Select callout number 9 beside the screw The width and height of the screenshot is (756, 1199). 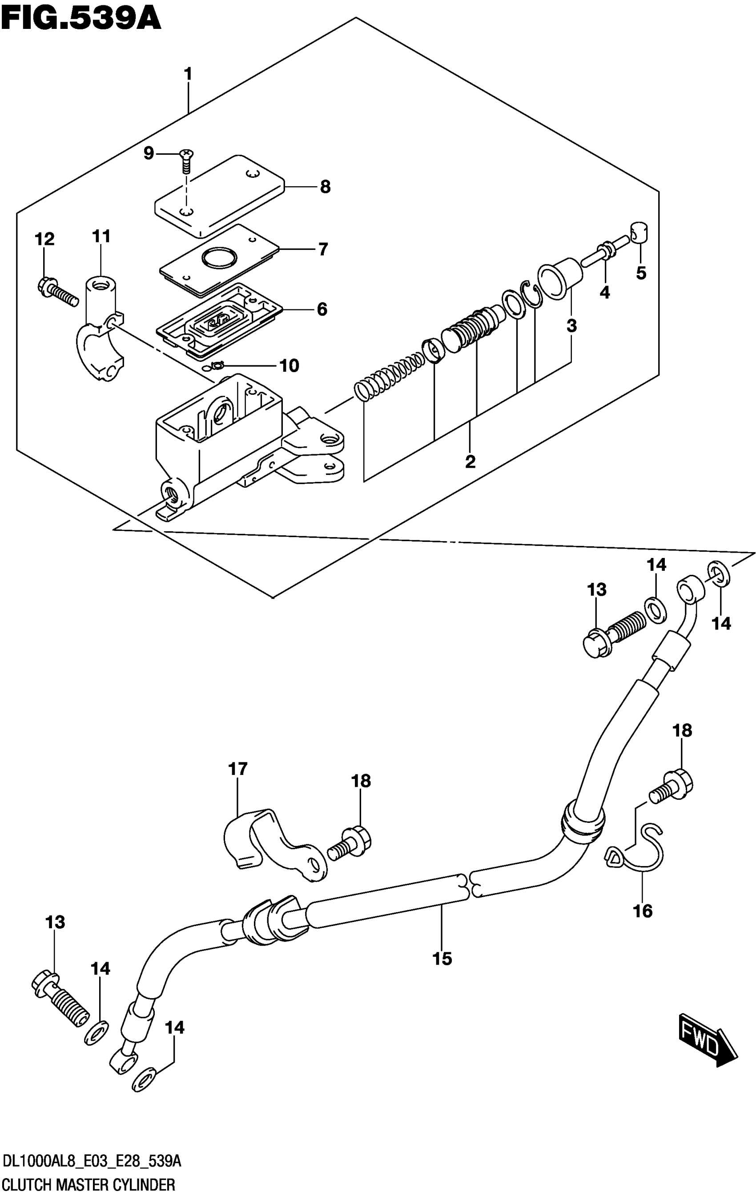click(x=149, y=154)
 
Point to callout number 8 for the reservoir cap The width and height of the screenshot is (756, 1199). click(x=325, y=187)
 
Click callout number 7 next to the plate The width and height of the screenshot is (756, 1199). click(x=323, y=249)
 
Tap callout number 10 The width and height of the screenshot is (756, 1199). click(x=289, y=365)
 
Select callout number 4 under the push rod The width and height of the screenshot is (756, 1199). click(x=604, y=293)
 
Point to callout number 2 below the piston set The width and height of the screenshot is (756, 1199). click(x=470, y=461)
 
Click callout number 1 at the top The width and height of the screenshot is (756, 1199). click(x=188, y=75)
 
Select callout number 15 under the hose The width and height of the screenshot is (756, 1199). click(x=442, y=958)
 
